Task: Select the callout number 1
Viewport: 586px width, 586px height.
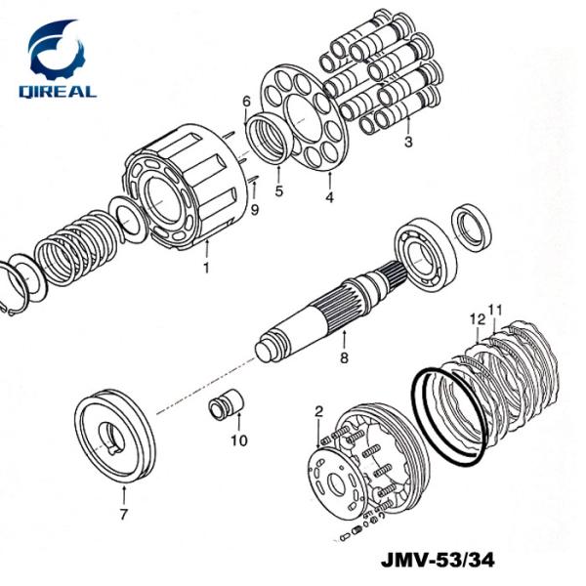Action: point(206,267)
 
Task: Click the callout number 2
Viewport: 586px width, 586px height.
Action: point(318,414)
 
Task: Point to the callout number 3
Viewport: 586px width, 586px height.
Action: point(409,142)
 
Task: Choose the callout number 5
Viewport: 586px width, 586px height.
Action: point(278,191)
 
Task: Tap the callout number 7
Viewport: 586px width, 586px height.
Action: point(123,514)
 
